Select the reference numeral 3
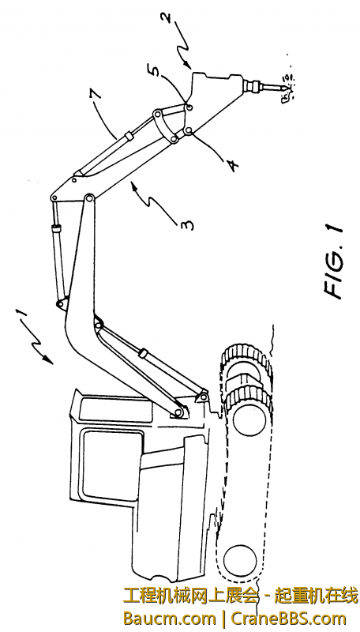(187, 223)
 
